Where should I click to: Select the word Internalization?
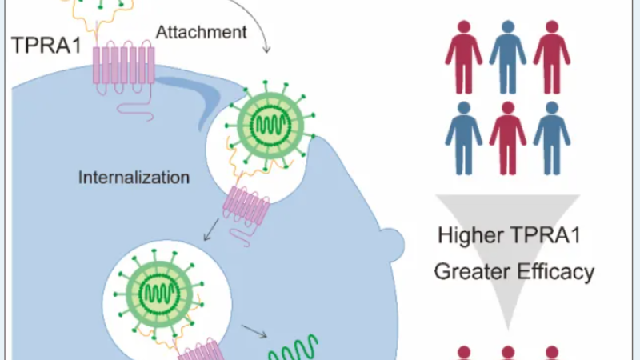pyautogui.click(x=134, y=177)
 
